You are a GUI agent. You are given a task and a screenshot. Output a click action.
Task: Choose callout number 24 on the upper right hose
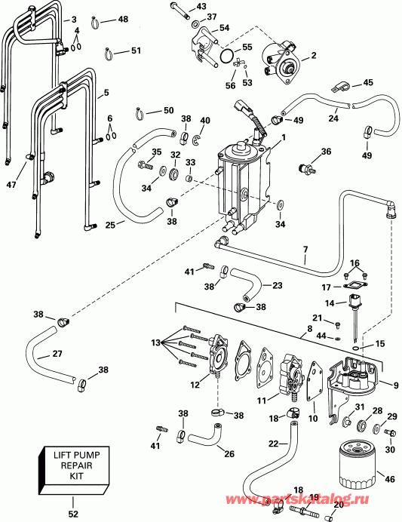pos(333,118)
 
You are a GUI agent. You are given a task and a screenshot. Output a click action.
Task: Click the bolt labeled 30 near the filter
pos(389,433)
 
